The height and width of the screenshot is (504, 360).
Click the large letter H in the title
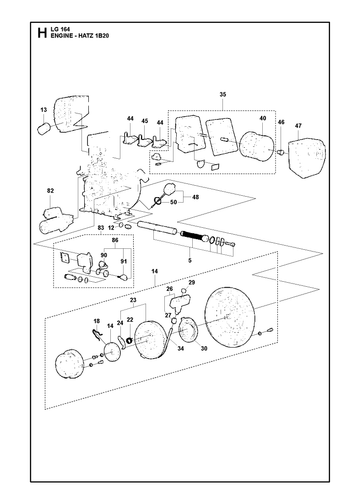42,33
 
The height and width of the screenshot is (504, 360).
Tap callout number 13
44,110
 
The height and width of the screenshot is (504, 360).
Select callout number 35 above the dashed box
223,95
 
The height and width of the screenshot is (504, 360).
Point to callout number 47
298,126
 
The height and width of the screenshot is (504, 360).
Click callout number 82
50,191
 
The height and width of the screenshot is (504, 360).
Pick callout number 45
144,121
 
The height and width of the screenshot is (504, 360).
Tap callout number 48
196,197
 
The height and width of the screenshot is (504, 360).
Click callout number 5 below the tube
190,261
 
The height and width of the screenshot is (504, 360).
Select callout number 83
101,228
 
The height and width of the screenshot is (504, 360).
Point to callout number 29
192,283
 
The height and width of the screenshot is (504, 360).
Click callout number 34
181,349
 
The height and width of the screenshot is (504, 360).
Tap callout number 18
97,321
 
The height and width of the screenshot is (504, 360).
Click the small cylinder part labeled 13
45,129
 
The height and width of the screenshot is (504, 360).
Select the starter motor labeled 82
56,219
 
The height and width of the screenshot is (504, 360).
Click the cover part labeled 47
307,158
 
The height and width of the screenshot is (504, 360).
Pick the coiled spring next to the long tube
192,237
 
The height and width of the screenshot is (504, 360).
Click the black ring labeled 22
130,341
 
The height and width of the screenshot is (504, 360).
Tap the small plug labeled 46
281,152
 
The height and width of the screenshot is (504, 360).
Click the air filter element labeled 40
257,146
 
